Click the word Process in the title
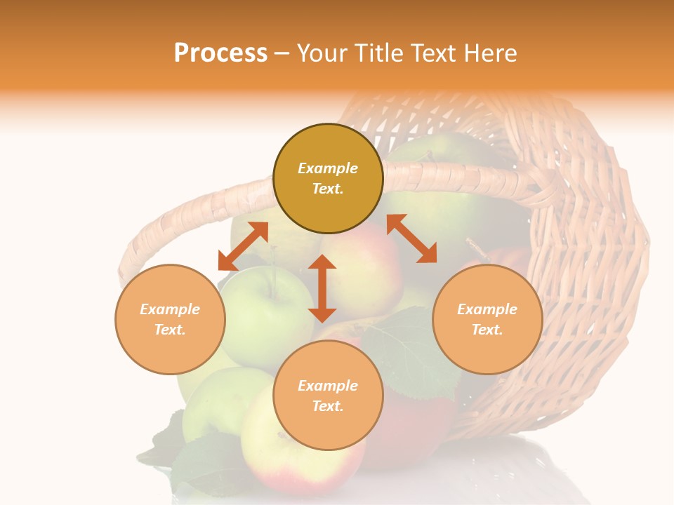(220, 53)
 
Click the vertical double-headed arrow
(322, 288)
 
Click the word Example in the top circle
(328, 168)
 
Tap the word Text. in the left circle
(170, 330)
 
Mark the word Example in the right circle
(487, 309)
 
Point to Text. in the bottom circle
(328, 406)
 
